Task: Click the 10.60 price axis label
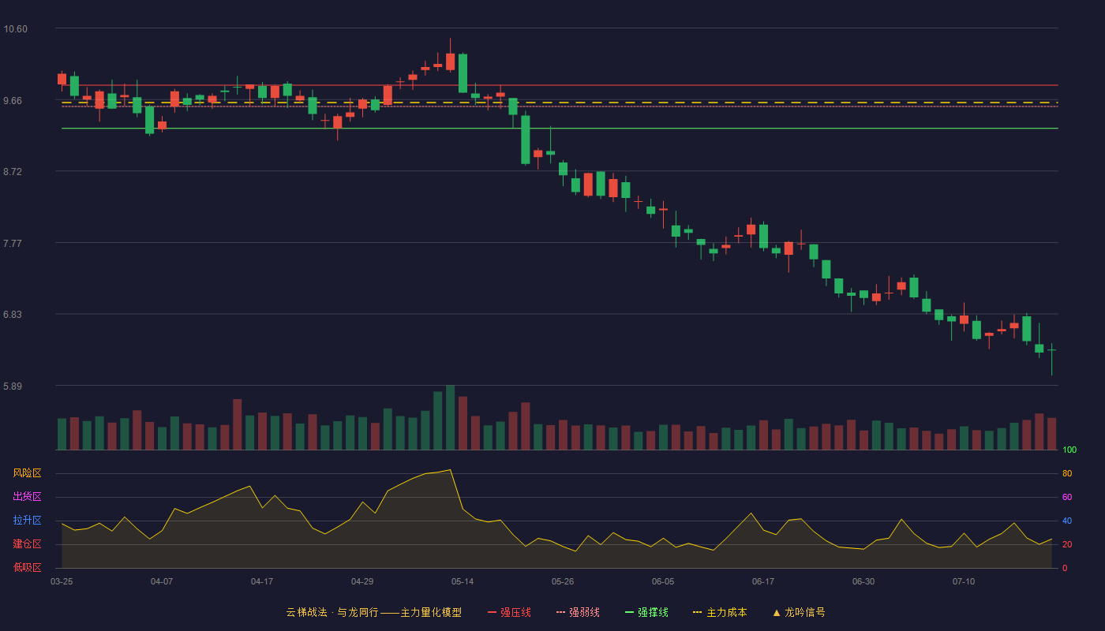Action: pyautogui.click(x=15, y=29)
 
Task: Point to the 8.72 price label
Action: pyautogui.click(x=13, y=172)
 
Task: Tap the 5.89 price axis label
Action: pyautogui.click(x=13, y=386)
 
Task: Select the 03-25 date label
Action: pyautogui.click(x=62, y=582)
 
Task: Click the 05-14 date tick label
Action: pyautogui.click(x=463, y=582)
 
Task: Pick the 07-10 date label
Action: pyautogui.click(x=964, y=582)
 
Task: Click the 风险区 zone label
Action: pyautogui.click(x=27, y=473)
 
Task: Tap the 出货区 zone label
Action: pyautogui.click(x=27, y=496)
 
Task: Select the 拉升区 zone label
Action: pyautogui.click(x=27, y=520)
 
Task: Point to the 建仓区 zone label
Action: pyautogui.click(x=27, y=543)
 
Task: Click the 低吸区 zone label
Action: pyautogui.click(x=27, y=567)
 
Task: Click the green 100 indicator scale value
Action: pyautogui.click(x=1069, y=450)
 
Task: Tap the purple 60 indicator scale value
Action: pyautogui.click(x=1067, y=497)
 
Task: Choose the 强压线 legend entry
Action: pyautogui.click(x=509, y=612)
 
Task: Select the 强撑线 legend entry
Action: pyautogui.click(x=646, y=612)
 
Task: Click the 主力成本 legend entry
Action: pyautogui.click(x=720, y=612)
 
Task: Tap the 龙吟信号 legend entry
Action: pyautogui.click(x=799, y=612)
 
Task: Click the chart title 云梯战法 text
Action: pyautogui.click(x=306, y=612)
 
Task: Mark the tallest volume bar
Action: pyautogui.click(x=451, y=417)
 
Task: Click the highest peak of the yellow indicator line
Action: pyautogui.click(x=451, y=470)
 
